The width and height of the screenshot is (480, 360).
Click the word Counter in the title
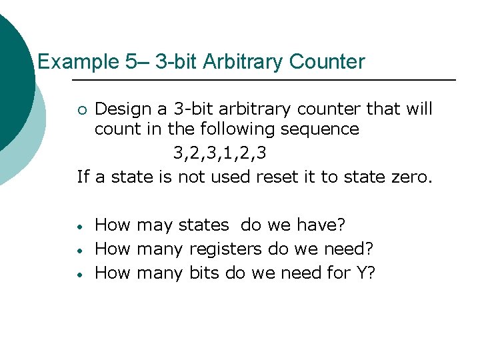tap(327, 63)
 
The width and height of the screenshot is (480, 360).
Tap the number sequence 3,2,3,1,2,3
tap(220, 153)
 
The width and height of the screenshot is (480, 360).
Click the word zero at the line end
tap(409, 177)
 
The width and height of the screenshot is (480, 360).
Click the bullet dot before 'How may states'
tap(79, 226)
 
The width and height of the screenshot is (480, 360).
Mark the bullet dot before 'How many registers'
tap(79, 251)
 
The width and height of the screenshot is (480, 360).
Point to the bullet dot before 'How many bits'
tap(79, 274)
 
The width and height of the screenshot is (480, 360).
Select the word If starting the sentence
tap(83, 177)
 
